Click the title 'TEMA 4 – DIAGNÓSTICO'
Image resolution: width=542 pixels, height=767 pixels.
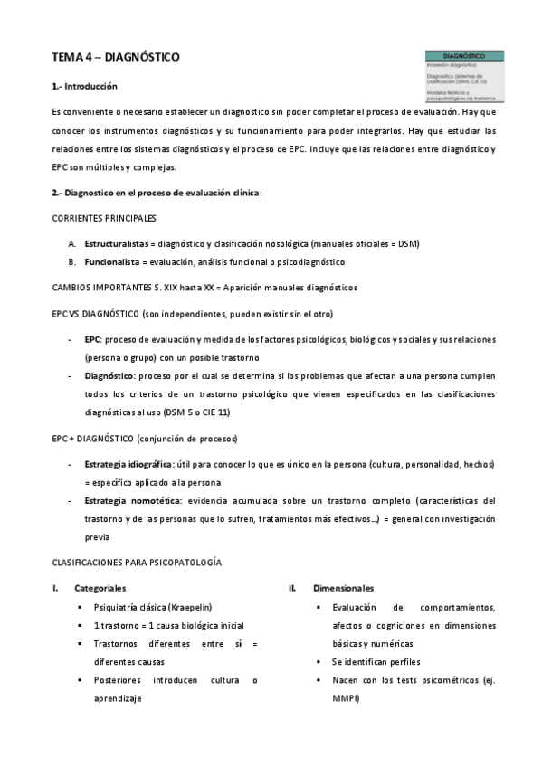115,57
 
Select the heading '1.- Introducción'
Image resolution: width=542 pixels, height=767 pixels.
85,87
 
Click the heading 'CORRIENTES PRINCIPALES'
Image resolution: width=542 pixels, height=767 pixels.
103,219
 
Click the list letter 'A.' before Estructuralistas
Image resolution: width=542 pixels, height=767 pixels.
71,244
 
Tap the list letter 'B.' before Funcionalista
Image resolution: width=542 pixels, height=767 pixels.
71,262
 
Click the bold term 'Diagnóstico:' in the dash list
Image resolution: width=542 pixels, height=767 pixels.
110,374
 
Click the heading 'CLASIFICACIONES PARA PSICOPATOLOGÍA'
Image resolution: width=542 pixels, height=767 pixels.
137,563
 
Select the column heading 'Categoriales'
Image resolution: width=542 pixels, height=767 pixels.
100,588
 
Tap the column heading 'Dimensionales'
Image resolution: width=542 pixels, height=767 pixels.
343,588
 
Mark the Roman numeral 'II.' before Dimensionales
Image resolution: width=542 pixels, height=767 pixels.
292,588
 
